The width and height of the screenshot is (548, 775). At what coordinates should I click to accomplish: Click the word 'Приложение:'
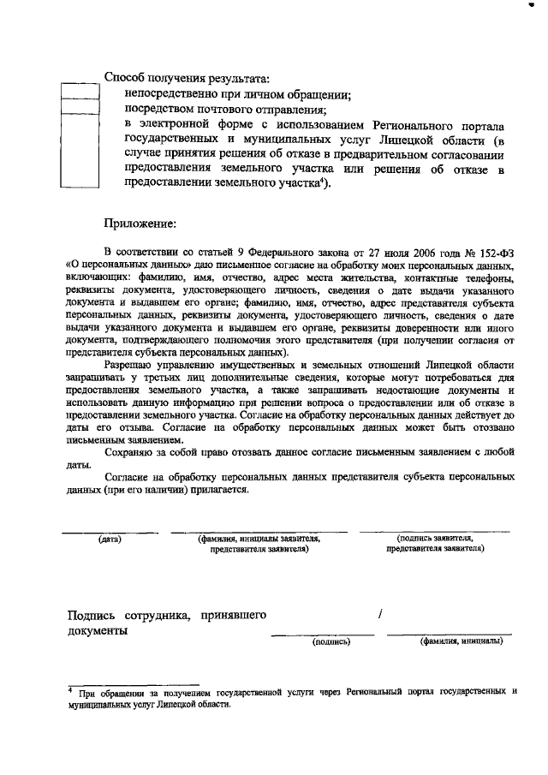click(x=139, y=224)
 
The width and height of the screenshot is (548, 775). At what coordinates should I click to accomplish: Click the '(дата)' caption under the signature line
click(x=109, y=540)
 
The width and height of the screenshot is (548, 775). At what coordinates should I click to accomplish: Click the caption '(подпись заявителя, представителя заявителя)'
click(x=436, y=545)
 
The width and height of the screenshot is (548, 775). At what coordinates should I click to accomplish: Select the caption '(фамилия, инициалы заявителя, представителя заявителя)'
click(x=259, y=545)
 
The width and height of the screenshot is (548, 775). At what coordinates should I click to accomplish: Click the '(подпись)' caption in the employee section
click(x=331, y=641)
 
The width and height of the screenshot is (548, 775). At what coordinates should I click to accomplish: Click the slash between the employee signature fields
click(x=378, y=613)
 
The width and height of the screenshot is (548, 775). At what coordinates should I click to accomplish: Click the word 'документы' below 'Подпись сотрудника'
click(x=98, y=631)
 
